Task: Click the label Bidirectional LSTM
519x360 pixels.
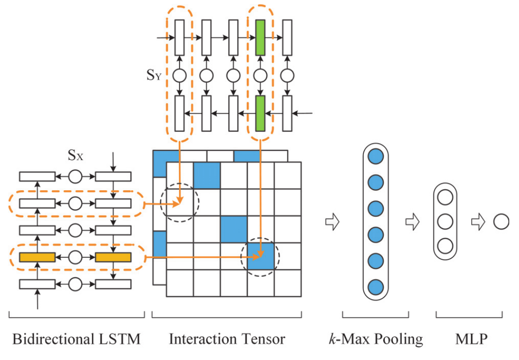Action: pyautogui.click(x=76, y=339)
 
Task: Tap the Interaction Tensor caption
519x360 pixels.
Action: pyautogui.click(x=227, y=339)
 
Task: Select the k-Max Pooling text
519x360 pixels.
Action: pyautogui.click(x=376, y=339)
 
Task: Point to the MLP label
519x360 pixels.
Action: pyautogui.click(x=471, y=339)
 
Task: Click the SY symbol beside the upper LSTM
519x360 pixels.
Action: pyautogui.click(x=154, y=75)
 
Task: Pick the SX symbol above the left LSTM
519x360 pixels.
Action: pyautogui.click(x=75, y=155)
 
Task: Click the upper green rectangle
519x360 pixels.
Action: pyautogui.click(x=260, y=37)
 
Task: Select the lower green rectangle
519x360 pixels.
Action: pyautogui.click(x=260, y=113)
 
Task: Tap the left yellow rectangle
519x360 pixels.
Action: pyautogui.click(x=37, y=257)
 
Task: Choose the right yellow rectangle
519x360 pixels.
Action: pyautogui.click(x=113, y=257)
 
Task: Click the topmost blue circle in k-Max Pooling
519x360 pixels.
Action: pyautogui.click(x=376, y=156)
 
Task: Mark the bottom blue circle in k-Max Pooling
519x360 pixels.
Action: pyautogui.click(x=376, y=287)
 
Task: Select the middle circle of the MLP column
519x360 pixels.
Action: pyautogui.click(x=445, y=221)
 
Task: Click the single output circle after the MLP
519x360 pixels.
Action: pyautogui.click(x=501, y=221)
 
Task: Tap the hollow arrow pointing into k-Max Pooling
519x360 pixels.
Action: pyautogui.click(x=332, y=221)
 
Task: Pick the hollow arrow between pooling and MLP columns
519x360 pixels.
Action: pyautogui.click(x=412, y=221)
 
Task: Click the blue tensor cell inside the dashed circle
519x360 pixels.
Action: pyautogui.click(x=261, y=256)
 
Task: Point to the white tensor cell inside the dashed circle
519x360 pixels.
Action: pyautogui.click(x=180, y=202)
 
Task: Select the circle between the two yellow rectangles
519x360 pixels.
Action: pyautogui.click(x=75, y=257)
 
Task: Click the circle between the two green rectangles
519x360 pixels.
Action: pyautogui.click(x=260, y=75)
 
